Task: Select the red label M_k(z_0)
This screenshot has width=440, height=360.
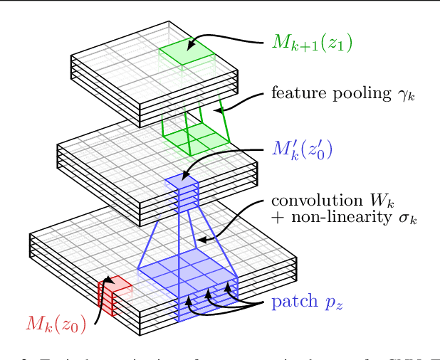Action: point(56,325)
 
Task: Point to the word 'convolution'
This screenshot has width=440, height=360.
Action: point(311,201)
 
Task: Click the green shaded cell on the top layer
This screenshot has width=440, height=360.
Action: point(187,51)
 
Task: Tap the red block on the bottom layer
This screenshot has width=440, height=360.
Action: point(110,295)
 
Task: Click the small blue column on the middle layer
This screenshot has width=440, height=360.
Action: point(182,191)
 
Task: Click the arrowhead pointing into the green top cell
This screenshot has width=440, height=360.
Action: point(191,45)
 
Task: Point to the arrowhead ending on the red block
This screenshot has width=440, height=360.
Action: point(108,280)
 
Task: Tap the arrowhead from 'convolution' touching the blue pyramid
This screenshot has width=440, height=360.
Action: point(201,240)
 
